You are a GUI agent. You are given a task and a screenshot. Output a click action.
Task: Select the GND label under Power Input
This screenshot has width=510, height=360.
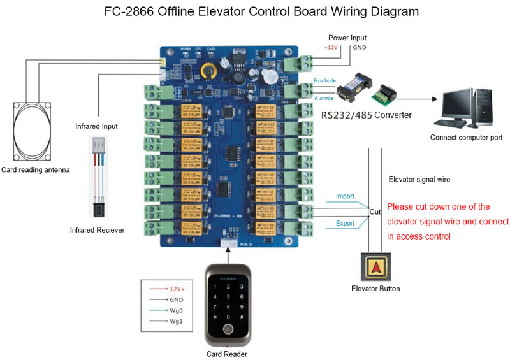tap(359, 48)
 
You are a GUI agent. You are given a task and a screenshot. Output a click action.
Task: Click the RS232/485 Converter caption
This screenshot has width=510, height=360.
tap(366, 115)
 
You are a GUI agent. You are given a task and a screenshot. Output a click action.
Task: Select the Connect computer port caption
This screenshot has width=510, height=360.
tap(466, 137)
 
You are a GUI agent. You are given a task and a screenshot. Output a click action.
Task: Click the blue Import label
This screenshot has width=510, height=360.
tap(345, 196)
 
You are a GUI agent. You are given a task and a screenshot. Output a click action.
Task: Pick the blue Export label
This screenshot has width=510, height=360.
tap(345, 223)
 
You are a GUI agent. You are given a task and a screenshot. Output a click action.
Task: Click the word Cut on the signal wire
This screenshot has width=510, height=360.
tap(375, 210)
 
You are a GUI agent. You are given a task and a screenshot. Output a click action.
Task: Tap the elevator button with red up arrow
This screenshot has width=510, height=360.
tap(375, 266)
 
